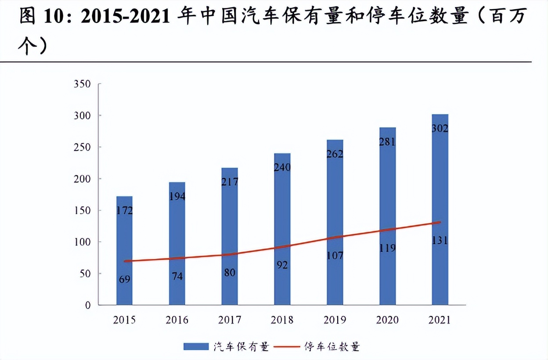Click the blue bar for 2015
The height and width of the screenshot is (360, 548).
pyautogui.click(x=124, y=250)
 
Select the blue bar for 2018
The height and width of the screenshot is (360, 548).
pyautogui.click(x=282, y=228)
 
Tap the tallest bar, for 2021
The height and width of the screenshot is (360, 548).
pyautogui.click(x=440, y=211)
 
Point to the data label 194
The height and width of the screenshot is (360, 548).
pyautogui.click(x=177, y=196)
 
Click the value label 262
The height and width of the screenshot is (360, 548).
pyautogui.click(x=335, y=154)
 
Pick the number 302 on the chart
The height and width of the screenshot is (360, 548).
pyautogui.click(x=440, y=129)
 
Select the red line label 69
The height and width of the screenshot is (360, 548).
pyautogui.click(x=124, y=279)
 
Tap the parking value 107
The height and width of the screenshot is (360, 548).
pyautogui.click(x=335, y=255)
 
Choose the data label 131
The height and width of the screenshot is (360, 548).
pyautogui.click(x=440, y=241)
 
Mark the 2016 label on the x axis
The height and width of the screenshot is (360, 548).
pyautogui.click(x=177, y=320)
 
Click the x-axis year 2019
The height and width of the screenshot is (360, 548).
pyautogui.click(x=335, y=320)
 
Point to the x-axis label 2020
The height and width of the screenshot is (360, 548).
pyautogui.click(x=388, y=320)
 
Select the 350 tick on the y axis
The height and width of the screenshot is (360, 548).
pyautogui.click(x=82, y=84)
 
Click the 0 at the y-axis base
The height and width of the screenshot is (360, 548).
pyautogui.click(x=87, y=306)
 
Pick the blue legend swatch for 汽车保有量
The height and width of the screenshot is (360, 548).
pyautogui.click(x=196, y=347)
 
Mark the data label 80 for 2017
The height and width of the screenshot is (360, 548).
pyautogui.click(x=230, y=273)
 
